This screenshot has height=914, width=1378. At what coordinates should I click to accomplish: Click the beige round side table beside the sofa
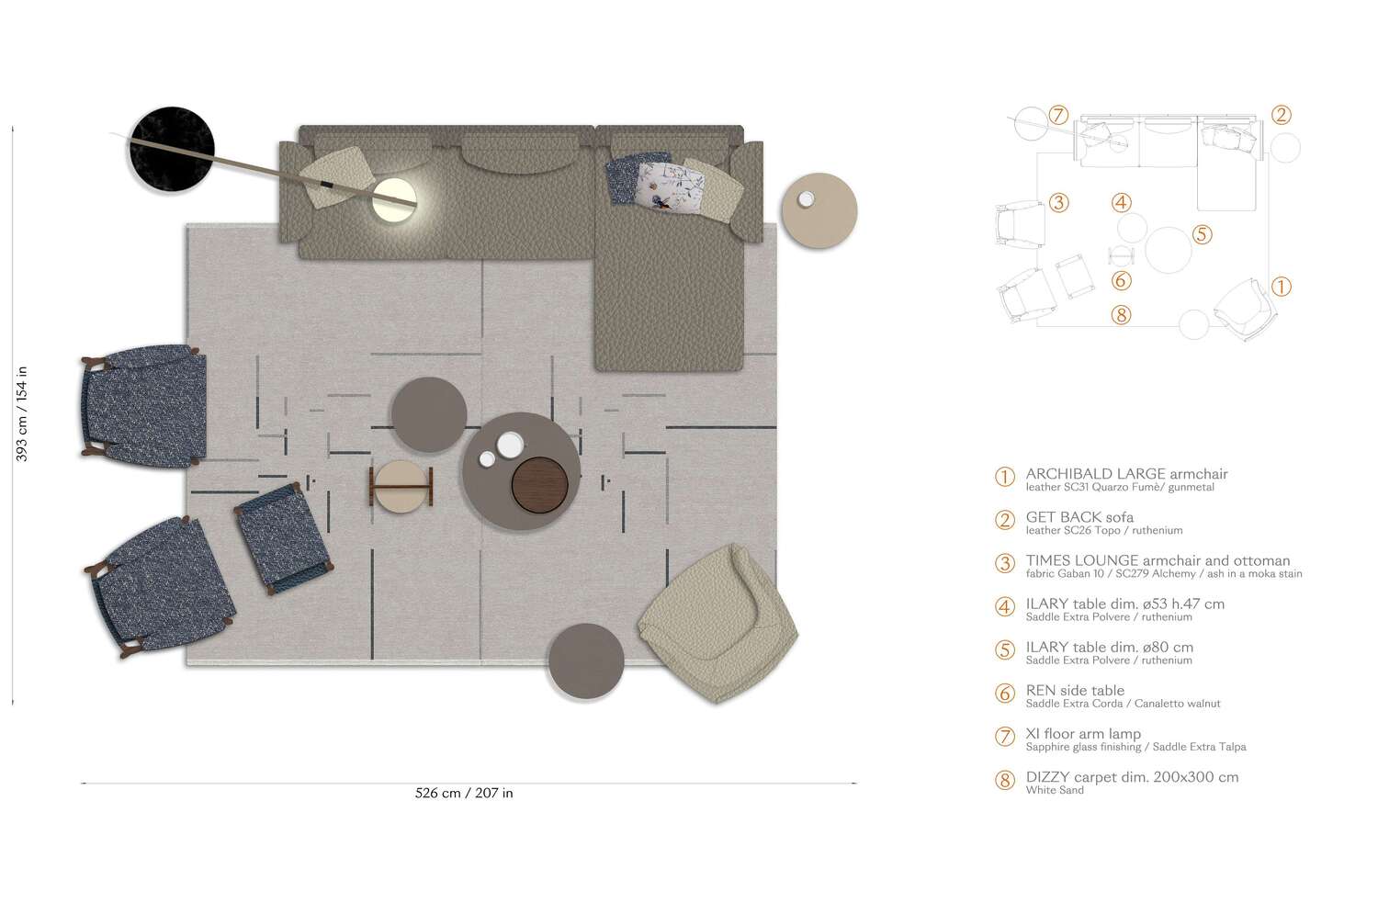(x=819, y=210)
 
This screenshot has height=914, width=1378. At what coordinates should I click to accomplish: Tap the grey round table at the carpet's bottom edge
(x=586, y=660)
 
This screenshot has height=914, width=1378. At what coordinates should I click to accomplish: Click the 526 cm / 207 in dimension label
(x=464, y=793)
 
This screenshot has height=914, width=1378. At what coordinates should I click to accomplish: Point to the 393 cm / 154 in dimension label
(x=22, y=413)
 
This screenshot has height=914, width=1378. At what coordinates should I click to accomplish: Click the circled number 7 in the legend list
(x=1005, y=737)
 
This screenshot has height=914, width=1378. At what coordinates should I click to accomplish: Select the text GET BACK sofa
(x=1079, y=517)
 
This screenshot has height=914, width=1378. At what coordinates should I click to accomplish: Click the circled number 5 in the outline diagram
(x=1202, y=235)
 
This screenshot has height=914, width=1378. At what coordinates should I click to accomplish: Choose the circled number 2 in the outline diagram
(x=1281, y=115)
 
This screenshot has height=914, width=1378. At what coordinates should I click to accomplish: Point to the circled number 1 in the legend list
(x=1005, y=477)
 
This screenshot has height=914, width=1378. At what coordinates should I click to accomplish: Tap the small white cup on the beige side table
(x=807, y=199)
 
